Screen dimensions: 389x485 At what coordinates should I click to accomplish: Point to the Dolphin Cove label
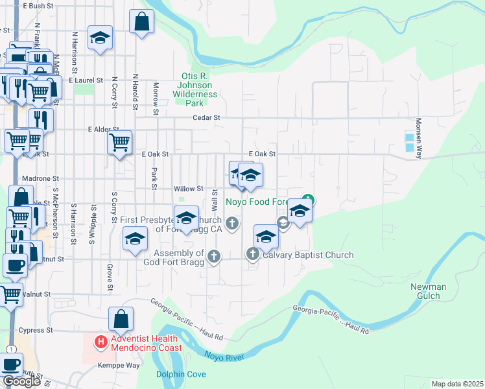tap(181, 374)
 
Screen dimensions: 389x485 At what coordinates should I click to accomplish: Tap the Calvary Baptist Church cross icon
tap(252, 255)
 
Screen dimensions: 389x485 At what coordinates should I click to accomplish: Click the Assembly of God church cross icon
tap(213, 257)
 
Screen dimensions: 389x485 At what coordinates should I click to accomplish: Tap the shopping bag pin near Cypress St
tap(121, 319)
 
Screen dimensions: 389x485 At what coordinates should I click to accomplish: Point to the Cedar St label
tap(207, 118)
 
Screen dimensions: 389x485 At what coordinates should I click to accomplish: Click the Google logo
tap(21, 381)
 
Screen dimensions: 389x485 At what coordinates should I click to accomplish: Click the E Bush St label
tap(38, 6)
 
